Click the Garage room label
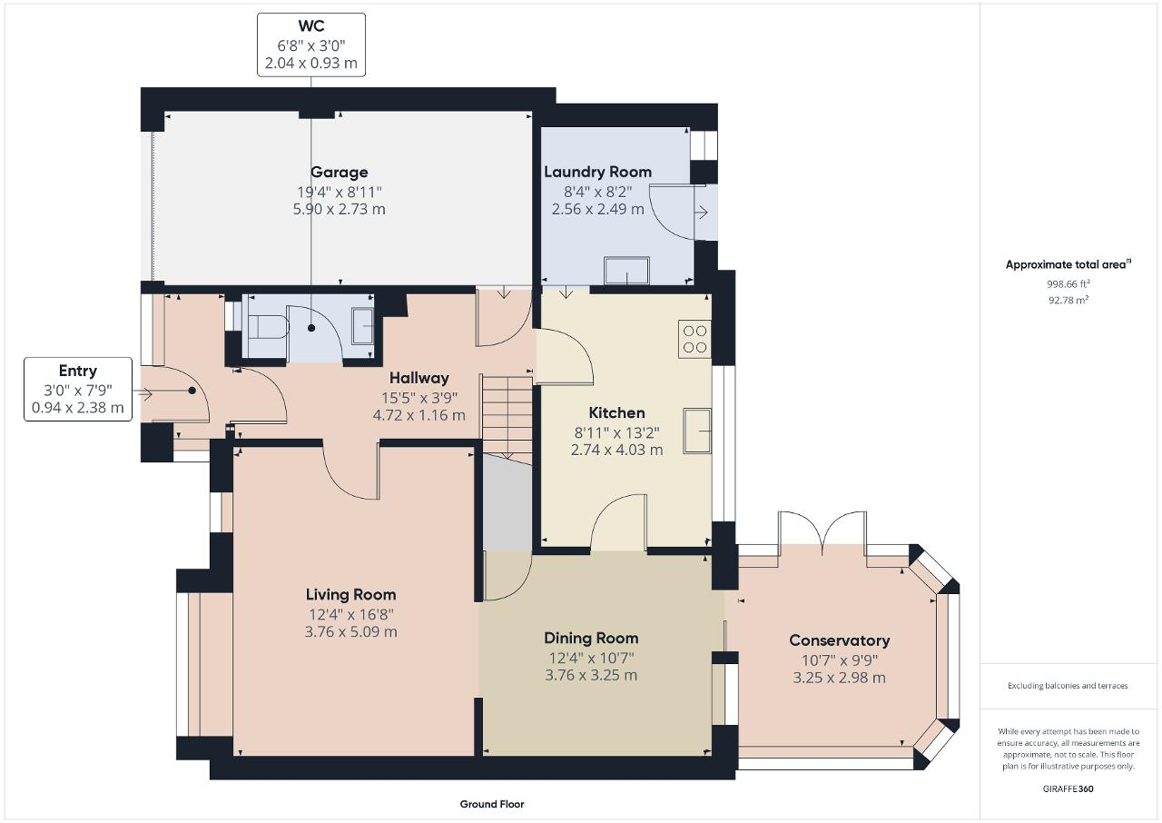339,172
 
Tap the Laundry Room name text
597,172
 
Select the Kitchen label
616,412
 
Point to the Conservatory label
839,640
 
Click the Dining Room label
591,638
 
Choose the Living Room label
350,594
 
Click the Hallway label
419,378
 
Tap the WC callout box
311,45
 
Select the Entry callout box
78,389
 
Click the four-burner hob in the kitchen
695,339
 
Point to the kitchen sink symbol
698,429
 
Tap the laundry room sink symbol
626,270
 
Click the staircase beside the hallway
506,418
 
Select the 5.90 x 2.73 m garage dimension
339,209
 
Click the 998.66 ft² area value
1067,283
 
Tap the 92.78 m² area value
1067,298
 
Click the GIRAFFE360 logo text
1067,788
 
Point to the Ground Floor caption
491,804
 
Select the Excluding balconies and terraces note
1068,686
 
